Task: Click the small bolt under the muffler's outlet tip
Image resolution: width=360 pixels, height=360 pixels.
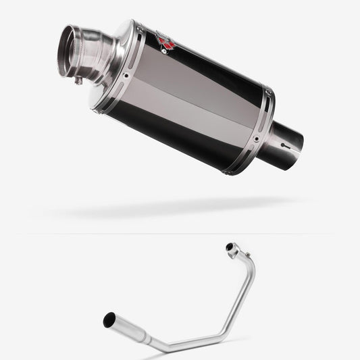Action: click(78, 81)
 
